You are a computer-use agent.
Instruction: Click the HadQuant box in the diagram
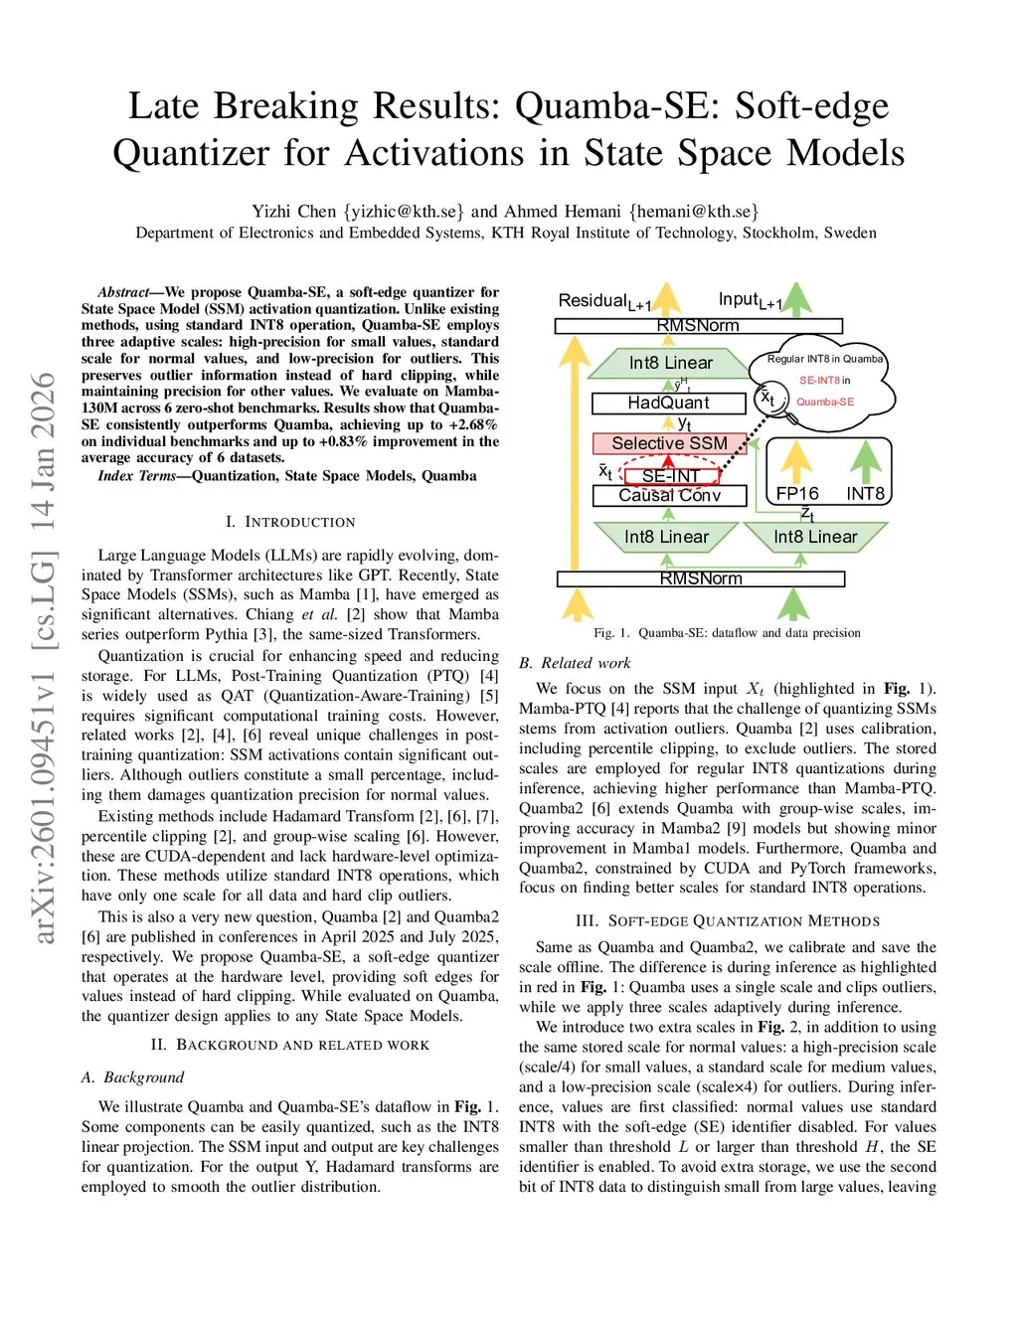(668, 403)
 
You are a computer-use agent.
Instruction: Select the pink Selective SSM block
(669, 443)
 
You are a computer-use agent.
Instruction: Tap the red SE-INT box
(670, 476)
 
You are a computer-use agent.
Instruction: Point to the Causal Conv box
(669, 495)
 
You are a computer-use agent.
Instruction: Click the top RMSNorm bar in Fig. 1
(698, 326)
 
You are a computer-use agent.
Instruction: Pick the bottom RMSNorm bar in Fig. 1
(701, 578)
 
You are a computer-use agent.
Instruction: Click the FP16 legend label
(797, 494)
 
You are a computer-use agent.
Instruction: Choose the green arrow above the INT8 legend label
(866, 461)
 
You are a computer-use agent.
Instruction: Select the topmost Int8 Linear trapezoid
(670, 363)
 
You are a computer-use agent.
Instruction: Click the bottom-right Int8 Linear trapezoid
(815, 537)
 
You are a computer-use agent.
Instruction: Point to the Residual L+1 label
(604, 301)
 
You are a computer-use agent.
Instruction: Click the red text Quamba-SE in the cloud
(825, 402)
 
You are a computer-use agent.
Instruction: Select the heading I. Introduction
(290, 522)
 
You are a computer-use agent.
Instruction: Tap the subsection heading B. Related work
(575, 663)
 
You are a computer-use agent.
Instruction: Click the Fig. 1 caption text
(727, 632)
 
